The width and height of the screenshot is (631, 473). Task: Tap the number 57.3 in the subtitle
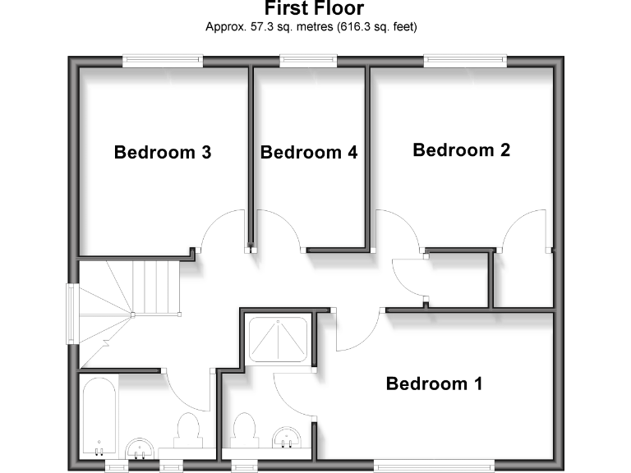(259, 26)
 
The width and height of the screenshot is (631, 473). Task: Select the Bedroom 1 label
(434, 383)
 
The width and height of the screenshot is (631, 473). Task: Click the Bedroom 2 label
(461, 150)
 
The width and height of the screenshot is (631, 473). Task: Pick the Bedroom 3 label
(163, 152)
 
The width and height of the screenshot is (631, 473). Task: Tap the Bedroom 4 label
(309, 152)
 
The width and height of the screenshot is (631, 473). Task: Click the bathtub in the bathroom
(99, 416)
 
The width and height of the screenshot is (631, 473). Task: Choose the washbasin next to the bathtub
(141, 448)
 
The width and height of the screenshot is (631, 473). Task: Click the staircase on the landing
(131, 296)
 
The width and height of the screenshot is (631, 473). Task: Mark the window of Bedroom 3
(162, 61)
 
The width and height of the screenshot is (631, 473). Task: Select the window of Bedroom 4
(308, 61)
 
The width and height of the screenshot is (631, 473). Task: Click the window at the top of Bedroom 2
(464, 61)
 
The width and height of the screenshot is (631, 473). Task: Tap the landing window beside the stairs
(73, 314)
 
